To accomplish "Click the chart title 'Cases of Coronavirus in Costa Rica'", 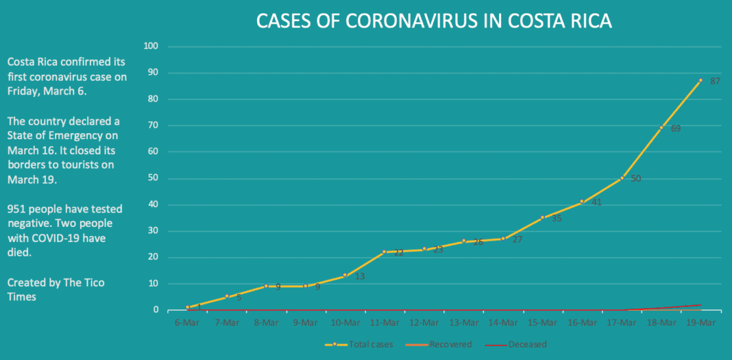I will [434, 21].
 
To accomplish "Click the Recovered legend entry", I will [449, 344].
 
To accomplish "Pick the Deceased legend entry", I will [527, 344].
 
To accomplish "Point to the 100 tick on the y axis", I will [151, 47].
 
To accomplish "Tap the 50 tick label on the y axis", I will [153, 178].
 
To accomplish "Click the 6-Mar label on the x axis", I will [186, 322].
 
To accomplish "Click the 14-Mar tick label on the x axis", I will [502, 322].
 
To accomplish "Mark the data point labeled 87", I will [700, 80].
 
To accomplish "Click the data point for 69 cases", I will [661, 128].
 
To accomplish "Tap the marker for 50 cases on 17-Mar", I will [622, 178].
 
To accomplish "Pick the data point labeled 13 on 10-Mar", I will [345, 275].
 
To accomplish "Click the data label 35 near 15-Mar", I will [556, 219].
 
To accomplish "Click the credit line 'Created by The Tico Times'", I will [56, 289].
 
